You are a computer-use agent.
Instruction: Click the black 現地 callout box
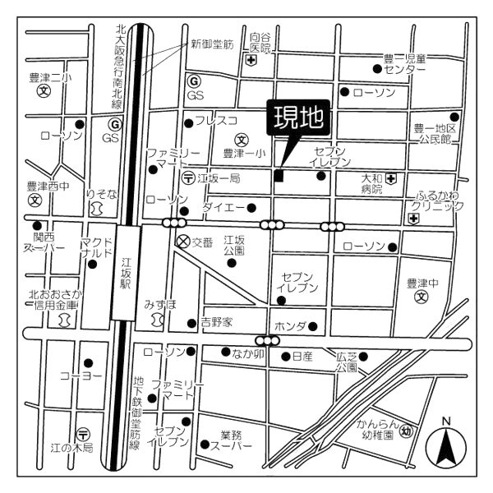[x=298, y=119]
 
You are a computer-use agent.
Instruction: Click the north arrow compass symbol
[x=446, y=445]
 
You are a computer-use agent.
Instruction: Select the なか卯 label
[x=246, y=354]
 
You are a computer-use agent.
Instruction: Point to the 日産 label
[x=302, y=357]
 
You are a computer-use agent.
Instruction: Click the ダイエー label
[x=219, y=207]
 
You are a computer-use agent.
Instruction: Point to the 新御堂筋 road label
[x=211, y=43]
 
